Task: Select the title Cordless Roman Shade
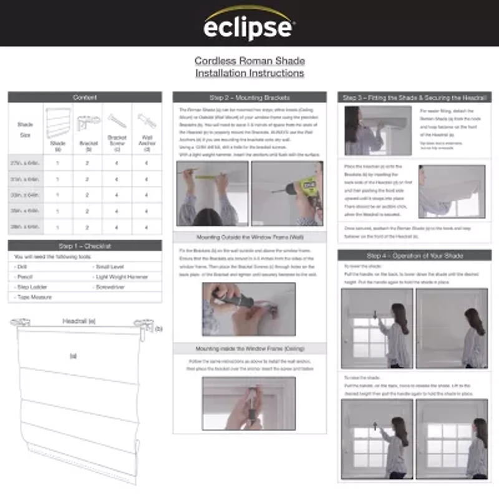click(x=249, y=61)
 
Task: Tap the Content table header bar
click(x=85, y=97)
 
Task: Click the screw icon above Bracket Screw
click(x=117, y=120)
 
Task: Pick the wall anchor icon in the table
click(x=147, y=120)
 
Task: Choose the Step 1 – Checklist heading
click(x=85, y=246)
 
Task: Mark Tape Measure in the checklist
click(x=34, y=298)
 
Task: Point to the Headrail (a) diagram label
click(x=79, y=321)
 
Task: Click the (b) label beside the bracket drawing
click(x=158, y=328)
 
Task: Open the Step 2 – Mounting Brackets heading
click(x=249, y=98)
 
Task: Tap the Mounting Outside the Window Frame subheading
click(x=249, y=238)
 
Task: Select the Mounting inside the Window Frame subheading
click(x=249, y=348)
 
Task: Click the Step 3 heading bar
click(x=414, y=98)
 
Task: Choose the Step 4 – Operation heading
click(x=414, y=256)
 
